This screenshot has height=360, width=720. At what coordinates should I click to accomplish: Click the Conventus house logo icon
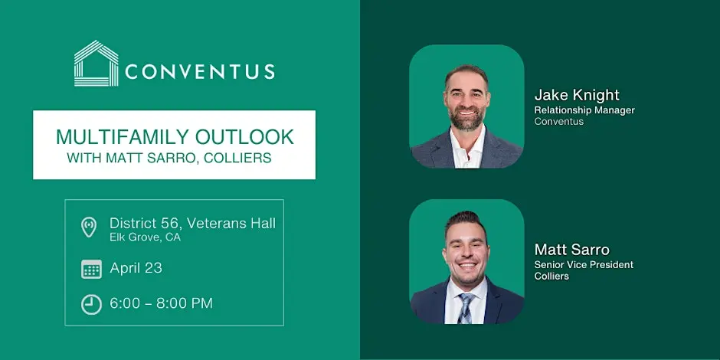(97, 64)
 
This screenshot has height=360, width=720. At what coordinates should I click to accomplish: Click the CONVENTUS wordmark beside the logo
(200, 71)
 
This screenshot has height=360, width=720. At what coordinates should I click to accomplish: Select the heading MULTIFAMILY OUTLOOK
(175, 137)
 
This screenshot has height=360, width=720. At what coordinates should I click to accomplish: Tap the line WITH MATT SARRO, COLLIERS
(169, 158)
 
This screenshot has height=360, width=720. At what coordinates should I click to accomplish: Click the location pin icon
(89, 227)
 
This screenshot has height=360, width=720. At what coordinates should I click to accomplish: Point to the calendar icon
(91, 269)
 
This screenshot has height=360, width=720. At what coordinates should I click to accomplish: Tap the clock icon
(91, 304)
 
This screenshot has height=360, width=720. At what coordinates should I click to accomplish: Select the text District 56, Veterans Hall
(192, 224)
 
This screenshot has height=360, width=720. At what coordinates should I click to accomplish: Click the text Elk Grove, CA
(145, 237)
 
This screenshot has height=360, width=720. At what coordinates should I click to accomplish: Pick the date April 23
(136, 269)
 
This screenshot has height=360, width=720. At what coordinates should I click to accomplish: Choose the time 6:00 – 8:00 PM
(161, 303)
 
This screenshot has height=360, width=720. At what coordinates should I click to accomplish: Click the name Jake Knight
(577, 95)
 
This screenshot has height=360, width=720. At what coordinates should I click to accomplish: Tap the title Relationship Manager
(584, 110)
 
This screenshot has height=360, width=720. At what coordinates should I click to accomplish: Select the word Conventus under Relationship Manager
(559, 122)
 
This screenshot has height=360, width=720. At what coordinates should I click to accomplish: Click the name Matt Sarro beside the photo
(571, 250)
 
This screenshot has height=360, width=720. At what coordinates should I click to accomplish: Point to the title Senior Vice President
(584, 265)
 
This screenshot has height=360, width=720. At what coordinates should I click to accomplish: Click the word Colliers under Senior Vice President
(551, 277)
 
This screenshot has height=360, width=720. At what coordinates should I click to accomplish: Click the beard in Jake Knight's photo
(467, 117)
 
